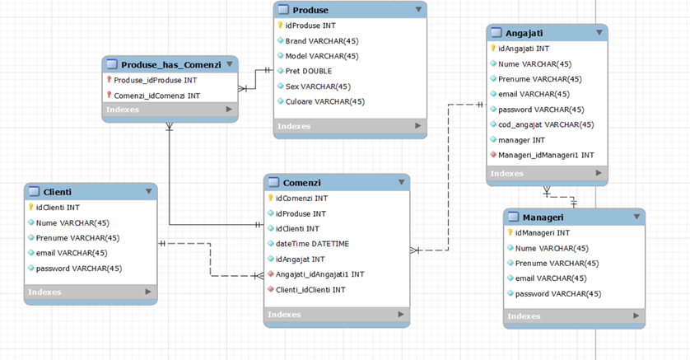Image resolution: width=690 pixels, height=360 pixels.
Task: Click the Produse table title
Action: point(310,10)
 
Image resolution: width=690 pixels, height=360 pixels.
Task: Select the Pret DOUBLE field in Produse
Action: point(309,71)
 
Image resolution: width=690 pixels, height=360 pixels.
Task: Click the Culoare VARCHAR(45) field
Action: point(324,101)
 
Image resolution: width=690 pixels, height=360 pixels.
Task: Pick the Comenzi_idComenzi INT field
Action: point(156,96)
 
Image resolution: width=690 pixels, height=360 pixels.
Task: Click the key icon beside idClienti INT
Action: point(30,208)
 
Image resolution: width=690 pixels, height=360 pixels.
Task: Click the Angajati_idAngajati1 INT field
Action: point(319,274)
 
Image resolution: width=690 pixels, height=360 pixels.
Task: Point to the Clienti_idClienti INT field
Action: point(310,290)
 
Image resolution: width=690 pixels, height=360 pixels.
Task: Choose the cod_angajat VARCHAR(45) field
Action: point(545,124)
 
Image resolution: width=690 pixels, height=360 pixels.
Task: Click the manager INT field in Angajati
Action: point(521,140)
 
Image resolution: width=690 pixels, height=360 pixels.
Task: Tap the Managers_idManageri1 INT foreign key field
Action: point(546,155)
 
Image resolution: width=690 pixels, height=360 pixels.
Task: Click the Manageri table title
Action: point(543,217)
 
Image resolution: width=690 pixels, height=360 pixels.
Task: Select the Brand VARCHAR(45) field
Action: point(321,40)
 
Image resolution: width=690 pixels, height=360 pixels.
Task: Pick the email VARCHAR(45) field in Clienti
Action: point(72,253)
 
